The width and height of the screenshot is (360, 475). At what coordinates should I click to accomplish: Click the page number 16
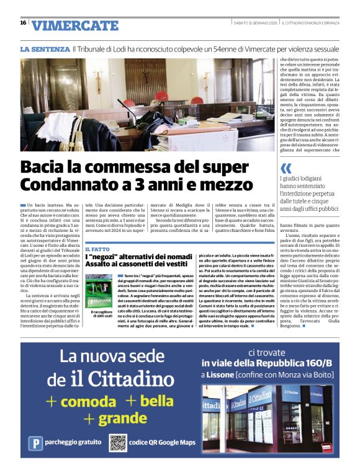(23, 22)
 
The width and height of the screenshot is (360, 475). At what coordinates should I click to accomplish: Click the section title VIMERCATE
(74, 25)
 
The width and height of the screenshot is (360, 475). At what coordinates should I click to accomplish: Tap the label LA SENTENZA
(45, 48)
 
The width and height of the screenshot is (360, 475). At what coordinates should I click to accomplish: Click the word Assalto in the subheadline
(105, 264)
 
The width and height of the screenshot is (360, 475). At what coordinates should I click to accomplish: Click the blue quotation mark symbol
(286, 167)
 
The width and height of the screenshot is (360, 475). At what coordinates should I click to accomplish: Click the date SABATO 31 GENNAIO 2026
(254, 23)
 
